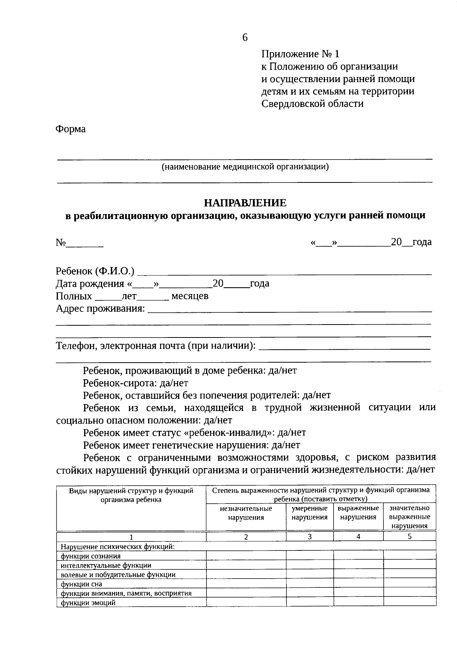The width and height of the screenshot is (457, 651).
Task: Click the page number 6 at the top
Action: (245, 37)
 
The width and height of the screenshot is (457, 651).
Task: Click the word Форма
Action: (71, 129)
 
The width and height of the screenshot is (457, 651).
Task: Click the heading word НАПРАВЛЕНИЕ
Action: (245, 203)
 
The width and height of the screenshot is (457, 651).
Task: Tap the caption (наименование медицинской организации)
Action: (245, 167)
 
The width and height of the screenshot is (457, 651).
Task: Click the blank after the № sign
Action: (85, 244)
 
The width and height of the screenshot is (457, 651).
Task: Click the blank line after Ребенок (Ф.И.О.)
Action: (284, 272)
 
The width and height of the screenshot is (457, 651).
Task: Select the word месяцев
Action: (190, 296)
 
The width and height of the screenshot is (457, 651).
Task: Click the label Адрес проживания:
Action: (101, 309)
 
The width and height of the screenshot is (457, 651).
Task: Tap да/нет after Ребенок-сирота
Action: (174, 383)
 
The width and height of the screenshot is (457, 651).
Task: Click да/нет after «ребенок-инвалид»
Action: (292, 433)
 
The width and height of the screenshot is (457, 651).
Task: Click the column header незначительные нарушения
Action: (246, 513)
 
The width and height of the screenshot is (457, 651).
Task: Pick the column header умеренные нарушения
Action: (310, 513)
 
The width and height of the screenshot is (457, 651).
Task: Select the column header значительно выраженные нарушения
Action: (409, 517)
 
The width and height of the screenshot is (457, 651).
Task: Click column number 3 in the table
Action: (310, 537)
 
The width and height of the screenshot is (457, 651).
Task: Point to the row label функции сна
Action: (81, 584)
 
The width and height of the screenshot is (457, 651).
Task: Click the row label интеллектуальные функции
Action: (106, 565)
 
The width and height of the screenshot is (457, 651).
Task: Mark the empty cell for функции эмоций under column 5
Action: (409, 602)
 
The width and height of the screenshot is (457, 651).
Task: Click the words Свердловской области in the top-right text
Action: (312, 104)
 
